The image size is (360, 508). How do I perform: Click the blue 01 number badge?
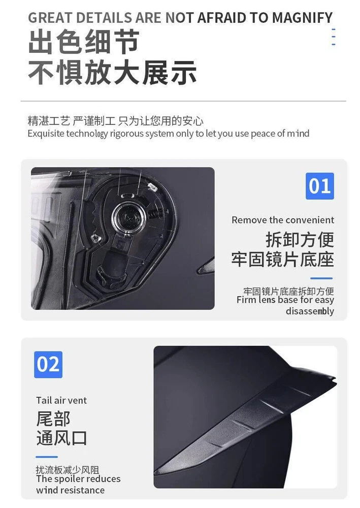coord(319,186)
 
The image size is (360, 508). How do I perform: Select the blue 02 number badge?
coord(48,364)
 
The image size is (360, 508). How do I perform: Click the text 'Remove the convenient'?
coord(283,220)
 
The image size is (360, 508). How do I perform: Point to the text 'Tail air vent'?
coord(61,400)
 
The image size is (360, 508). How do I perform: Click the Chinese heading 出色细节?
coord(84,42)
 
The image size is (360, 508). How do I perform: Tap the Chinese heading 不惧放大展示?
coord(112,72)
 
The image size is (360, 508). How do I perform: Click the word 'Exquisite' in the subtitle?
coord(46,134)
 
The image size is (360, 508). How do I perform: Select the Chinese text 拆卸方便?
coord(300,239)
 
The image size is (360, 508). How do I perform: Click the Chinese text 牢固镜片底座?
coord(283,259)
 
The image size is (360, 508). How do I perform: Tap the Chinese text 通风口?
coord(61,438)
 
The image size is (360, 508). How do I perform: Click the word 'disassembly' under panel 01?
coord(310,311)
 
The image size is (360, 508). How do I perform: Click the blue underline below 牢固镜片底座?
coord(321,278)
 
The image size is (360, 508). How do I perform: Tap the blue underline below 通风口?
coord(47,457)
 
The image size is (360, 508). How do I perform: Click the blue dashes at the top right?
coord(334,37)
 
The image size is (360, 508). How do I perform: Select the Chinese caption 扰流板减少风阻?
coord(68,470)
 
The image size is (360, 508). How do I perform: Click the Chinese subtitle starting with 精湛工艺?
coord(116,121)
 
